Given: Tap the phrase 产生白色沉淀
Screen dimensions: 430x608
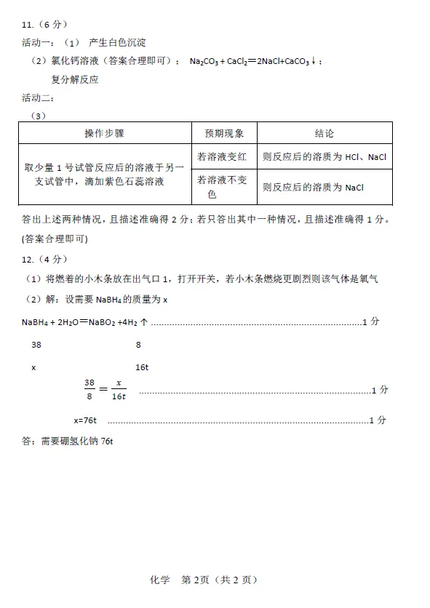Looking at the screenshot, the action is (x=116, y=43).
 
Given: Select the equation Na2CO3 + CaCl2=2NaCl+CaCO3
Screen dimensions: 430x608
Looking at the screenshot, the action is (x=253, y=61).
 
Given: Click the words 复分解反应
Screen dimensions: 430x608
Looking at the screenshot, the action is (x=74, y=79).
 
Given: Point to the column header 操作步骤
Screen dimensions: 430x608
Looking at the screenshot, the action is (x=104, y=134).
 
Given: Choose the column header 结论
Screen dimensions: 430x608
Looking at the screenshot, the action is (x=325, y=134).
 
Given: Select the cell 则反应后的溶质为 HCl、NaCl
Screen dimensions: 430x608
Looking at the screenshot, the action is (x=325, y=156).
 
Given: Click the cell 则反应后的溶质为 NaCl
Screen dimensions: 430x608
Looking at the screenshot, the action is (x=313, y=187).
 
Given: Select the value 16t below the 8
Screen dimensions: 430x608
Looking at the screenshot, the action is (x=142, y=367).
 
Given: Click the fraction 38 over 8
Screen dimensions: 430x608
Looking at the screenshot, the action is (x=90, y=389).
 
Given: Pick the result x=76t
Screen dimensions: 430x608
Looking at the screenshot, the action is (x=86, y=420).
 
